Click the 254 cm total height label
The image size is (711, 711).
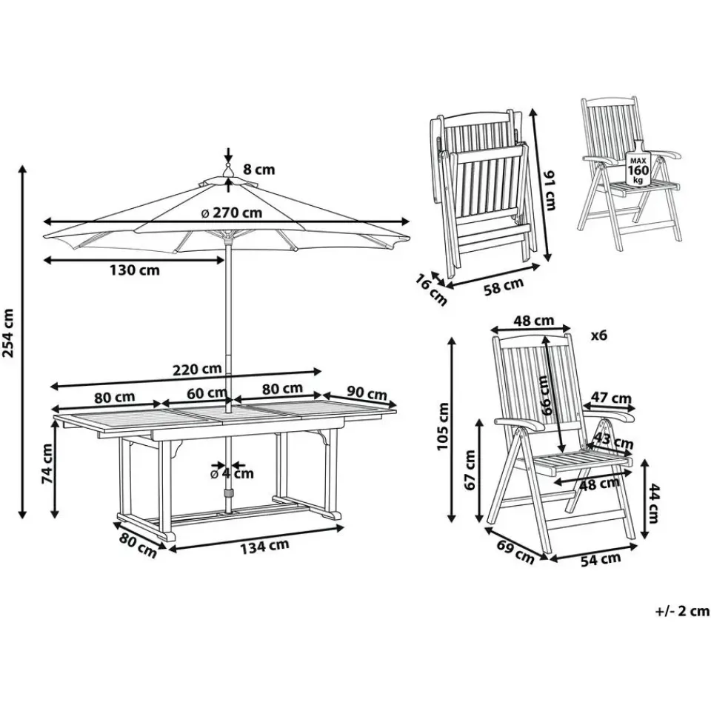10,333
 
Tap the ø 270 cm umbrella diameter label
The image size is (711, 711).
231,213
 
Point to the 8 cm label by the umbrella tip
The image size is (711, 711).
258,170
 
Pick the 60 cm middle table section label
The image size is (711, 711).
206,393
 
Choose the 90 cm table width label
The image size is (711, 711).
367,393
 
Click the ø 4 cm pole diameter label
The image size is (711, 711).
232,473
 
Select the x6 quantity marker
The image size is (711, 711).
598,335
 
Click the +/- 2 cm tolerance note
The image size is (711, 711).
682,611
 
